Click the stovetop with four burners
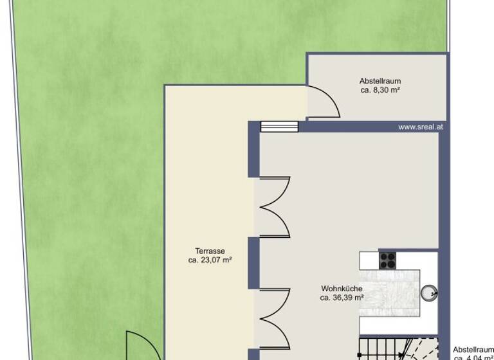387,260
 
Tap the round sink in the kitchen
429,293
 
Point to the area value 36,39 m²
342,298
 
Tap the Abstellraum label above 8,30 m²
380,81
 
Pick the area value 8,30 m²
381,90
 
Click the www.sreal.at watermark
421,127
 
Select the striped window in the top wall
279,126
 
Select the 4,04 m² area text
473,357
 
